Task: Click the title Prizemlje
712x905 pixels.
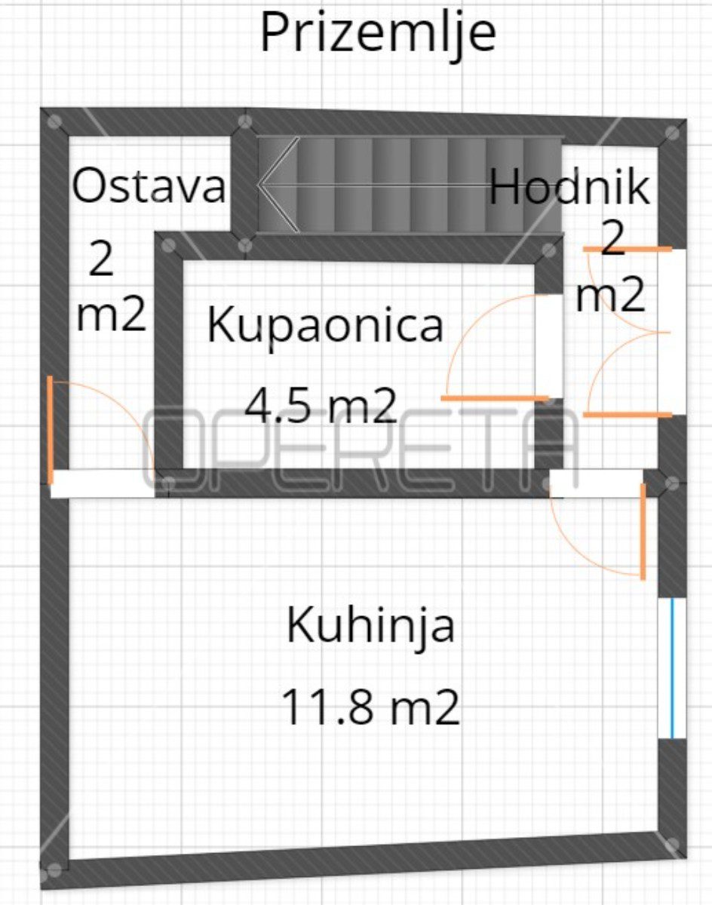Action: coord(378,35)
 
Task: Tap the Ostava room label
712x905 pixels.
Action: coord(149,186)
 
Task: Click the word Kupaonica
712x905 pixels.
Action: coord(326,326)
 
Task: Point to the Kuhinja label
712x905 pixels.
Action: coord(371,626)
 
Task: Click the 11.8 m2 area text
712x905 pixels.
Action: coord(371,711)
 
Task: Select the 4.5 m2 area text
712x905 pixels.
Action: coord(321,404)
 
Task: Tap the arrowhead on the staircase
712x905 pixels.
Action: coord(278,184)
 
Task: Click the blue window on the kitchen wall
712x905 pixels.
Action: coord(671,668)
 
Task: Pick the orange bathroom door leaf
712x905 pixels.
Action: coord(495,398)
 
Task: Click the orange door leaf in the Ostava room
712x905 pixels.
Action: coord(50,430)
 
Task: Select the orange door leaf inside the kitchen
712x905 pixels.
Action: coord(643,532)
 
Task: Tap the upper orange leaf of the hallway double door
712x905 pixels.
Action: coord(628,250)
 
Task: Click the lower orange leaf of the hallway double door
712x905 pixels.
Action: coord(628,415)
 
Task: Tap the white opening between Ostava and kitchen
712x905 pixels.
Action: coord(103,483)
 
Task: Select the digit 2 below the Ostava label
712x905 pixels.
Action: coord(101,259)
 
